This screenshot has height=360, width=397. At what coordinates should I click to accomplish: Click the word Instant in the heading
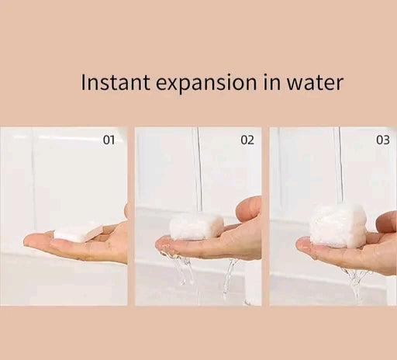click(116, 83)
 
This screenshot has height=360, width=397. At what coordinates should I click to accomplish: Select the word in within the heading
click(272, 82)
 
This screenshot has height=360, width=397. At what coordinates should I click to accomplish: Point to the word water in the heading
click(315, 83)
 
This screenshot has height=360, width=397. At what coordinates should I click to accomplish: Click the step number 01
click(109, 140)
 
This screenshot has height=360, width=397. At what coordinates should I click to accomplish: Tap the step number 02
click(247, 140)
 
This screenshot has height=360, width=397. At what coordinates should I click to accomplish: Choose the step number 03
click(382, 140)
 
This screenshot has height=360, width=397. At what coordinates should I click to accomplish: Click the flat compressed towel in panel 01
click(78, 231)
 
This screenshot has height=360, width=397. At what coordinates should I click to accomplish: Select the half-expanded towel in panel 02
click(196, 226)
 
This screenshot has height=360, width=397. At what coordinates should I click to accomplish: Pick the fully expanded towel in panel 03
click(337, 224)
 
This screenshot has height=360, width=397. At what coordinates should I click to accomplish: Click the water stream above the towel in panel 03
click(339, 165)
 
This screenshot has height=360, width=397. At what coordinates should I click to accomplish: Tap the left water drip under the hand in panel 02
click(181, 269)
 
